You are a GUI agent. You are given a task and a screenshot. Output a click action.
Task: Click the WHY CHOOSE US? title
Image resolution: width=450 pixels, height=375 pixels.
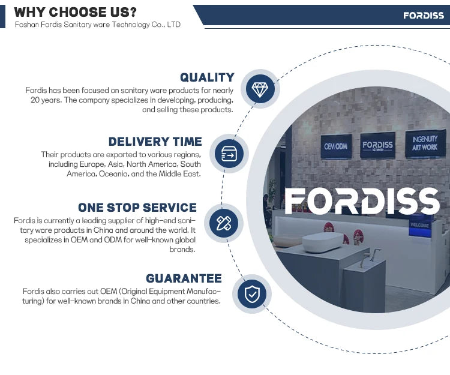tap(76, 13)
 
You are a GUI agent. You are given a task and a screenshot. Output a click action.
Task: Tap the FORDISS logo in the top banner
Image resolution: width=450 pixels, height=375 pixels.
tap(424, 16)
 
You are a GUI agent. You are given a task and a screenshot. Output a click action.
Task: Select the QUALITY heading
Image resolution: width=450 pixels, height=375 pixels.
tap(207, 77)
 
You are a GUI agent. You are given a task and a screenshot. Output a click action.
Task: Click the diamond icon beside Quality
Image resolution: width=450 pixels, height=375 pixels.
tap(260, 89)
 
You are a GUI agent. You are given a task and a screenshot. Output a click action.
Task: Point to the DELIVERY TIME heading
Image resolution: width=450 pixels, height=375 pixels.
tap(155, 142)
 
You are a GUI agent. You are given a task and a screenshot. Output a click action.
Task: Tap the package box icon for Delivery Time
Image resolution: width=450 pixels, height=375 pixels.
tap(229, 154)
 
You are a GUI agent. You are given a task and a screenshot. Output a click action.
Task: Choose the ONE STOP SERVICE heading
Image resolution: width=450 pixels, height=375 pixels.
tap(137, 208)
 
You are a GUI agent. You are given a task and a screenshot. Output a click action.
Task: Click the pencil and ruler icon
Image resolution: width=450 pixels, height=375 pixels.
tap(224, 223)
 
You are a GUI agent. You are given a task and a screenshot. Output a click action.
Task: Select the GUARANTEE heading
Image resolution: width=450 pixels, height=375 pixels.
tap(184, 278)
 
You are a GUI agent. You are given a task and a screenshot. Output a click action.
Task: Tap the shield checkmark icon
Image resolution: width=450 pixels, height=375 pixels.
tap(252, 294)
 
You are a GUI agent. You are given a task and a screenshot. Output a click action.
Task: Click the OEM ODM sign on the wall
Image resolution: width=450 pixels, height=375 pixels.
tap(336, 146)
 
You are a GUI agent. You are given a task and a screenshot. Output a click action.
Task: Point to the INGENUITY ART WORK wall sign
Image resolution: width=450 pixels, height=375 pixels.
tap(425, 143)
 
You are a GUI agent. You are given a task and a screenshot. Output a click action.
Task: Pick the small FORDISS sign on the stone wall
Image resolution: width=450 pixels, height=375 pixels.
tap(377, 145)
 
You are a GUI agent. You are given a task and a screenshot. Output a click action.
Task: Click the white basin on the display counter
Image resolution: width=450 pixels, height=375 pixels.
tap(323, 242)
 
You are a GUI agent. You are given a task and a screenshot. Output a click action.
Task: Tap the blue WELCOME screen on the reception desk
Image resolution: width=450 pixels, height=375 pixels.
tap(420, 226)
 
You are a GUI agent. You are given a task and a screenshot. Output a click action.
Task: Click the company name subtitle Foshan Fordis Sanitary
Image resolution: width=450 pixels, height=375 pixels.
tap(98, 25)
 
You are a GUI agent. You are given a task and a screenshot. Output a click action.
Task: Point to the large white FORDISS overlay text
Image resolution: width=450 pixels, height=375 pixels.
tap(362, 201)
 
